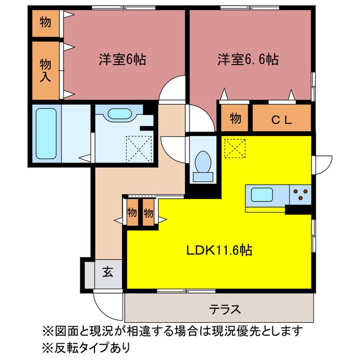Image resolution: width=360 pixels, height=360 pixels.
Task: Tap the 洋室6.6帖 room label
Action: [x=245, y=58]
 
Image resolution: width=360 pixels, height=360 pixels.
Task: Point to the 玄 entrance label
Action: [x=107, y=274]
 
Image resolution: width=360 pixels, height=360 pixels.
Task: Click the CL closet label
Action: [x=281, y=119]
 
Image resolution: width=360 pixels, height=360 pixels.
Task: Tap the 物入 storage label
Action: [x=46, y=70]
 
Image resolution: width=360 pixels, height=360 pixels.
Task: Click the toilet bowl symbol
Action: [x=202, y=164]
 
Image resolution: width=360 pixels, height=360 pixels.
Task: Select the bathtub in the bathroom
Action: [x=44, y=134]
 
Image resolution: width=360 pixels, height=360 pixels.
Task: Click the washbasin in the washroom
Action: [x=119, y=113]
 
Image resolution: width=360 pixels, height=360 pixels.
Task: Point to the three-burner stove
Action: [x=300, y=195]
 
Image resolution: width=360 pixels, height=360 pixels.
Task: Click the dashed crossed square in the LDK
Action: [x=234, y=147]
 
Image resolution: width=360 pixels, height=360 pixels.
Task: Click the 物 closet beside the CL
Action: [x=235, y=119]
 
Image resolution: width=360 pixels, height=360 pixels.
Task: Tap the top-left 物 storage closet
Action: [x=44, y=22]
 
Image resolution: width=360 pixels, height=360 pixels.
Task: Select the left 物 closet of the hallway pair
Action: [x=132, y=213]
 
